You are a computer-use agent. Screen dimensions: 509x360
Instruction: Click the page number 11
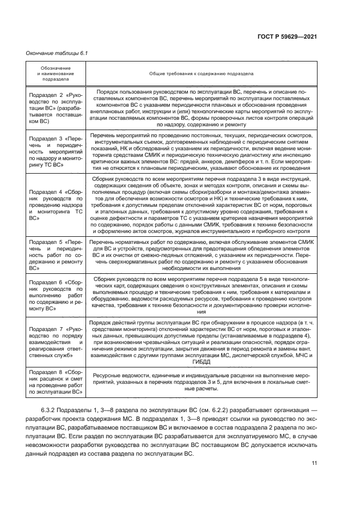pyautogui.click(x=314, y=464)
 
